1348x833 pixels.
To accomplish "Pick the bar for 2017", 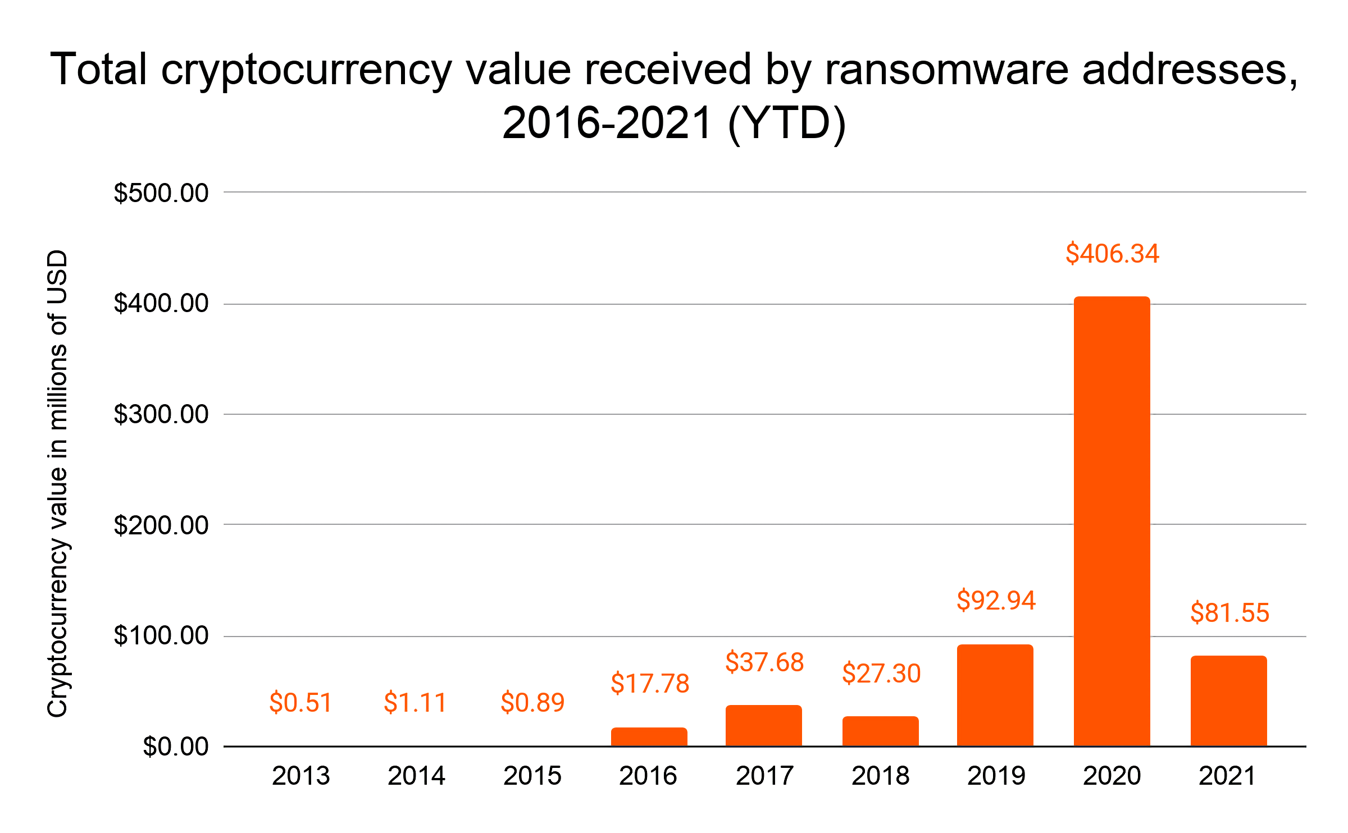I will [x=763, y=725].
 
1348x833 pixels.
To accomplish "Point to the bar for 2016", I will [x=649, y=736].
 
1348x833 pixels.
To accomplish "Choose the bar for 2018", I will [x=880, y=731].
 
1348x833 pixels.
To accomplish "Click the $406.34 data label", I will [x=1112, y=254].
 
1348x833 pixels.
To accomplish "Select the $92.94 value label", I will [x=996, y=600].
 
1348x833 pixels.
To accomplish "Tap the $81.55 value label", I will [x=1229, y=612].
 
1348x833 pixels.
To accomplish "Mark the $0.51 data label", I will [x=301, y=702].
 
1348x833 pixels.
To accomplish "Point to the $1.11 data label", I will [x=415, y=702].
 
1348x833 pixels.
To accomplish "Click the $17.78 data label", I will [x=650, y=683].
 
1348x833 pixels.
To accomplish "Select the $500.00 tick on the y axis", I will [x=161, y=193].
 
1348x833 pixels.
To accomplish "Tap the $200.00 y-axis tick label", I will [x=161, y=525].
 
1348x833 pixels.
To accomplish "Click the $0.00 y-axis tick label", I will [x=175, y=747].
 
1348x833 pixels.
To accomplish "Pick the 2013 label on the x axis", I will [x=301, y=776].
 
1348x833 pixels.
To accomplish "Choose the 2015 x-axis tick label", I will [x=532, y=776].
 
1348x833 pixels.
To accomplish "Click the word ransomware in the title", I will [x=946, y=70].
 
